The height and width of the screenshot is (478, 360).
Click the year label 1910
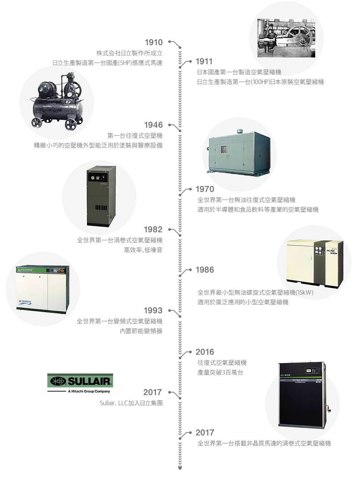coord(154,42)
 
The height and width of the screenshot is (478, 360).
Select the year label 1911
coord(204,61)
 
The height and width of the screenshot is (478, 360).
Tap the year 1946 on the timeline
coord(153,125)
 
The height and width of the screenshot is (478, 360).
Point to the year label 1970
coord(205,189)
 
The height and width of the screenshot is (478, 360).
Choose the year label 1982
coord(153,229)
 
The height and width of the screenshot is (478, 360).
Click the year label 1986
coord(205,270)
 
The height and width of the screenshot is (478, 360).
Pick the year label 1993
coord(153,310)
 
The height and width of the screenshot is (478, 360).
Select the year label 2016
coord(205,352)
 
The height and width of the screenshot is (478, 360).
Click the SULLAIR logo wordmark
coord(89,381)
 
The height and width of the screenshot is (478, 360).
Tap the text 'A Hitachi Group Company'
coord(89,391)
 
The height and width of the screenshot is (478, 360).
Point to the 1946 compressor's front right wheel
coord(71,125)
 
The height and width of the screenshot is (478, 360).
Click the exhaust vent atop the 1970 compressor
coord(240,131)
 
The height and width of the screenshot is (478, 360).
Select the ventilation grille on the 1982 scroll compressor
coord(101,208)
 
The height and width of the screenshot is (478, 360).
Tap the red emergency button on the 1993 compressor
coord(62,271)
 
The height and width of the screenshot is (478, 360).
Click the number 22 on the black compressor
coord(319,381)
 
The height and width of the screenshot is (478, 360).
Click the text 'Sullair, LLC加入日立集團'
coord(131,403)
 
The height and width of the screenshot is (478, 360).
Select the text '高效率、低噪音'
coord(143,250)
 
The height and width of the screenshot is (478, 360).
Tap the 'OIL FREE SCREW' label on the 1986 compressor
coord(332,252)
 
